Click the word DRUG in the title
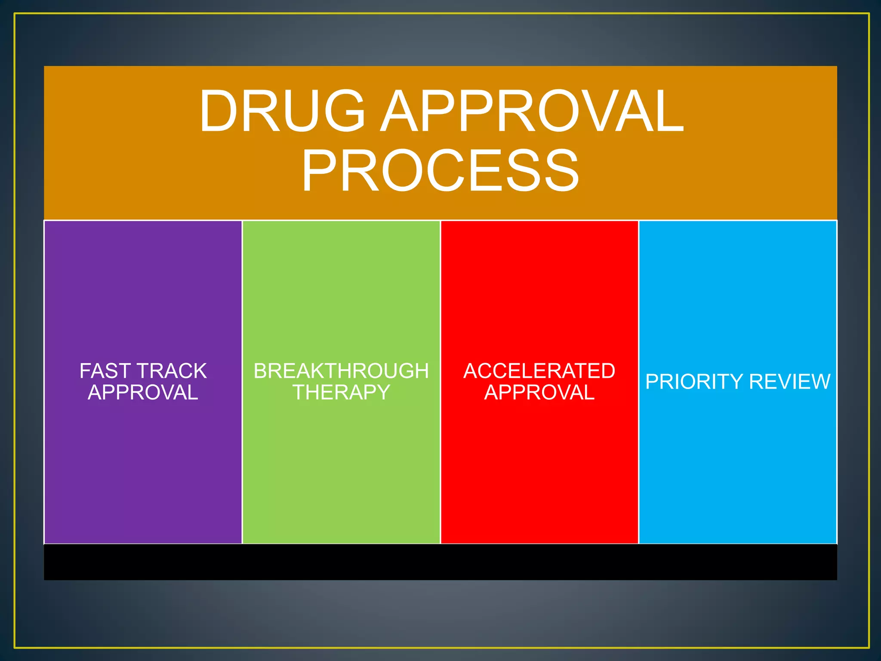click(x=282, y=111)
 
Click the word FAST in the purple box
click(x=105, y=371)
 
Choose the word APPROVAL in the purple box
click(x=143, y=392)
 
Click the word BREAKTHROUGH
click(x=341, y=371)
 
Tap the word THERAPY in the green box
click(x=341, y=392)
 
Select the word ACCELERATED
click(x=539, y=371)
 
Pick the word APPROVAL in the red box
click(x=539, y=392)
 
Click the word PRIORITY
click(x=694, y=382)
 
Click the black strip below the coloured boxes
click(x=440, y=562)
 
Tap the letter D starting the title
click(x=219, y=111)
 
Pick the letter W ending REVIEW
click(x=820, y=382)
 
